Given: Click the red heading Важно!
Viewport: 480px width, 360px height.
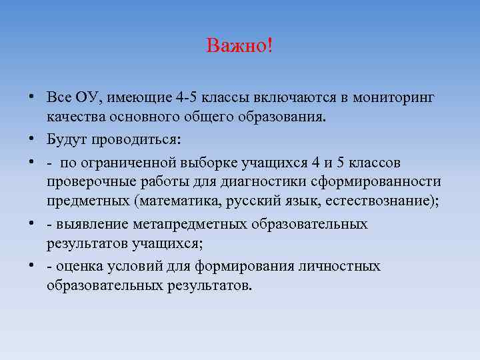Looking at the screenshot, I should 239,47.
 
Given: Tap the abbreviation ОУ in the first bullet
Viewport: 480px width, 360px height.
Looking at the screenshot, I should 87,97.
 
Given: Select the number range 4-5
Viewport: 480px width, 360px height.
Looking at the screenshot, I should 190,97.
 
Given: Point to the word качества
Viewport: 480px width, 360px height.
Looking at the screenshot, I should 74,118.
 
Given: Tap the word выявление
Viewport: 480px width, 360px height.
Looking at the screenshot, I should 87,224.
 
